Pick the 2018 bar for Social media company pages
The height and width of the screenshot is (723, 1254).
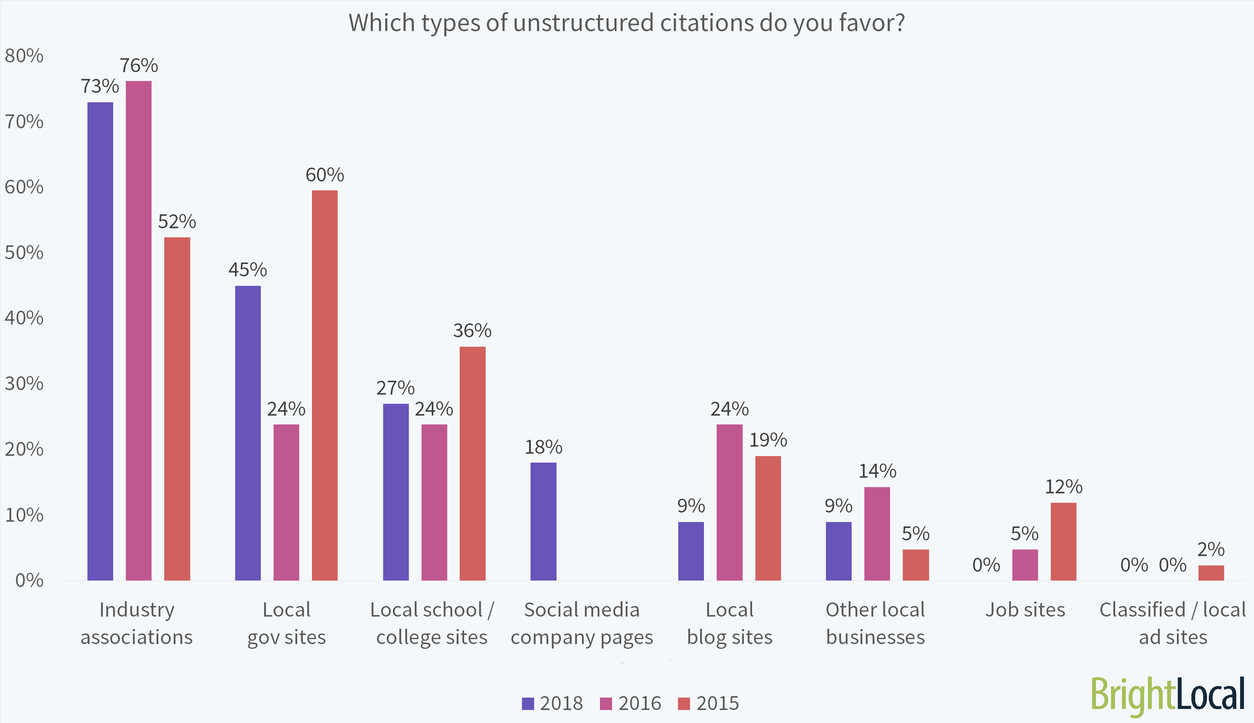(x=543, y=521)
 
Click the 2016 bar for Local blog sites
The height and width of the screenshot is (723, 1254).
(x=729, y=502)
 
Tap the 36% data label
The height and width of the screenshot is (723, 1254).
(x=472, y=331)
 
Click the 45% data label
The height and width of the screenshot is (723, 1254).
(x=248, y=270)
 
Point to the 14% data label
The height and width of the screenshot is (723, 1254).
(x=877, y=471)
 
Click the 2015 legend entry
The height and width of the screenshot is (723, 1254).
(x=709, y=703)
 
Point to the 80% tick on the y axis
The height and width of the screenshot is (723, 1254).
(x=24, y=56)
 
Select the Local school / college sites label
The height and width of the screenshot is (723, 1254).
(x=432, y=623)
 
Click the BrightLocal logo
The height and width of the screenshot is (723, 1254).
(x=1167, y=695)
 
